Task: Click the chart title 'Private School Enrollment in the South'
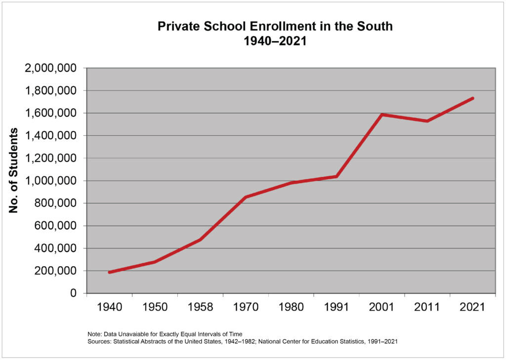pyautogui.click(x=275, y=26)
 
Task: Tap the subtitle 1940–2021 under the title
pyautogui.click(x=275, y=41)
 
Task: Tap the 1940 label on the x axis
pyautogui.click(x=109, y=307)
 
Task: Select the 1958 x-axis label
pyautogui.click(x=200, y=307)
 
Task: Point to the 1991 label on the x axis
pyautogui.click(x=337, y=307)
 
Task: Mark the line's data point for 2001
pyautogui.click(x=382, y=115)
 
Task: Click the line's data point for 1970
pyautogui.click(x=246, y=197)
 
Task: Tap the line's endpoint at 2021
pyautogui.click(x=473, y=98)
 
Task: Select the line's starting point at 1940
pyautogui.click(x=109, y=272)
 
